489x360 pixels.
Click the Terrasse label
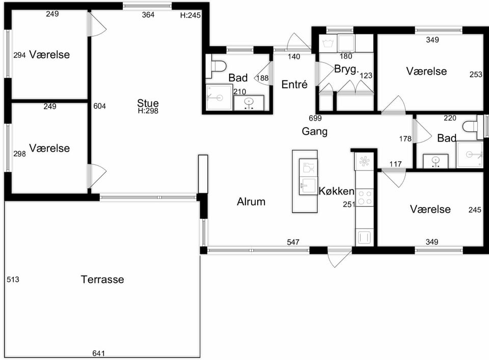[x=102, y=279]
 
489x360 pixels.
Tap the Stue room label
[x=148, y=103]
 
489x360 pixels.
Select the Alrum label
[x=251, y=202]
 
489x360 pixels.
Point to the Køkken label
[x=337, y=191]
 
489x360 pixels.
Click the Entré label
[x=294, y=84]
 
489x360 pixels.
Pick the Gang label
[x=315, y=131]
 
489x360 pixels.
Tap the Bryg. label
[x=346, y=69]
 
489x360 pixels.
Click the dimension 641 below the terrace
[x=98, y=353]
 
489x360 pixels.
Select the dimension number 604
[x=99, y=106]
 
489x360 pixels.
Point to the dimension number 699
[x=315, y=118]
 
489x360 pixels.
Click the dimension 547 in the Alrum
[x=293, y=242]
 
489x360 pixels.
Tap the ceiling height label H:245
[x=190, y=15]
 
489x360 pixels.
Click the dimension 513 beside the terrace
[x=13, y=280]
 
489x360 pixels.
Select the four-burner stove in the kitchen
[x=365, y=198]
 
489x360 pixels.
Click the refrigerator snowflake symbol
[x=364, y=161]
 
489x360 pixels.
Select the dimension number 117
[x=395, y=164]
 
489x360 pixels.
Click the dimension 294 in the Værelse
[x=19, y=55]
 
